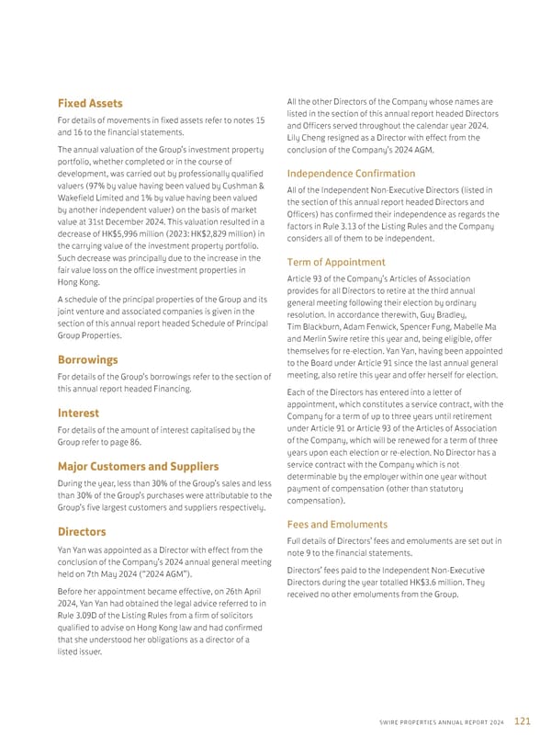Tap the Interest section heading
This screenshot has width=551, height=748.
pos(81,413)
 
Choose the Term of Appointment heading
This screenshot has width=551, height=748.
pos(336,262)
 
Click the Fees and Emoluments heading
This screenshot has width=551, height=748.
pos(336,525)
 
